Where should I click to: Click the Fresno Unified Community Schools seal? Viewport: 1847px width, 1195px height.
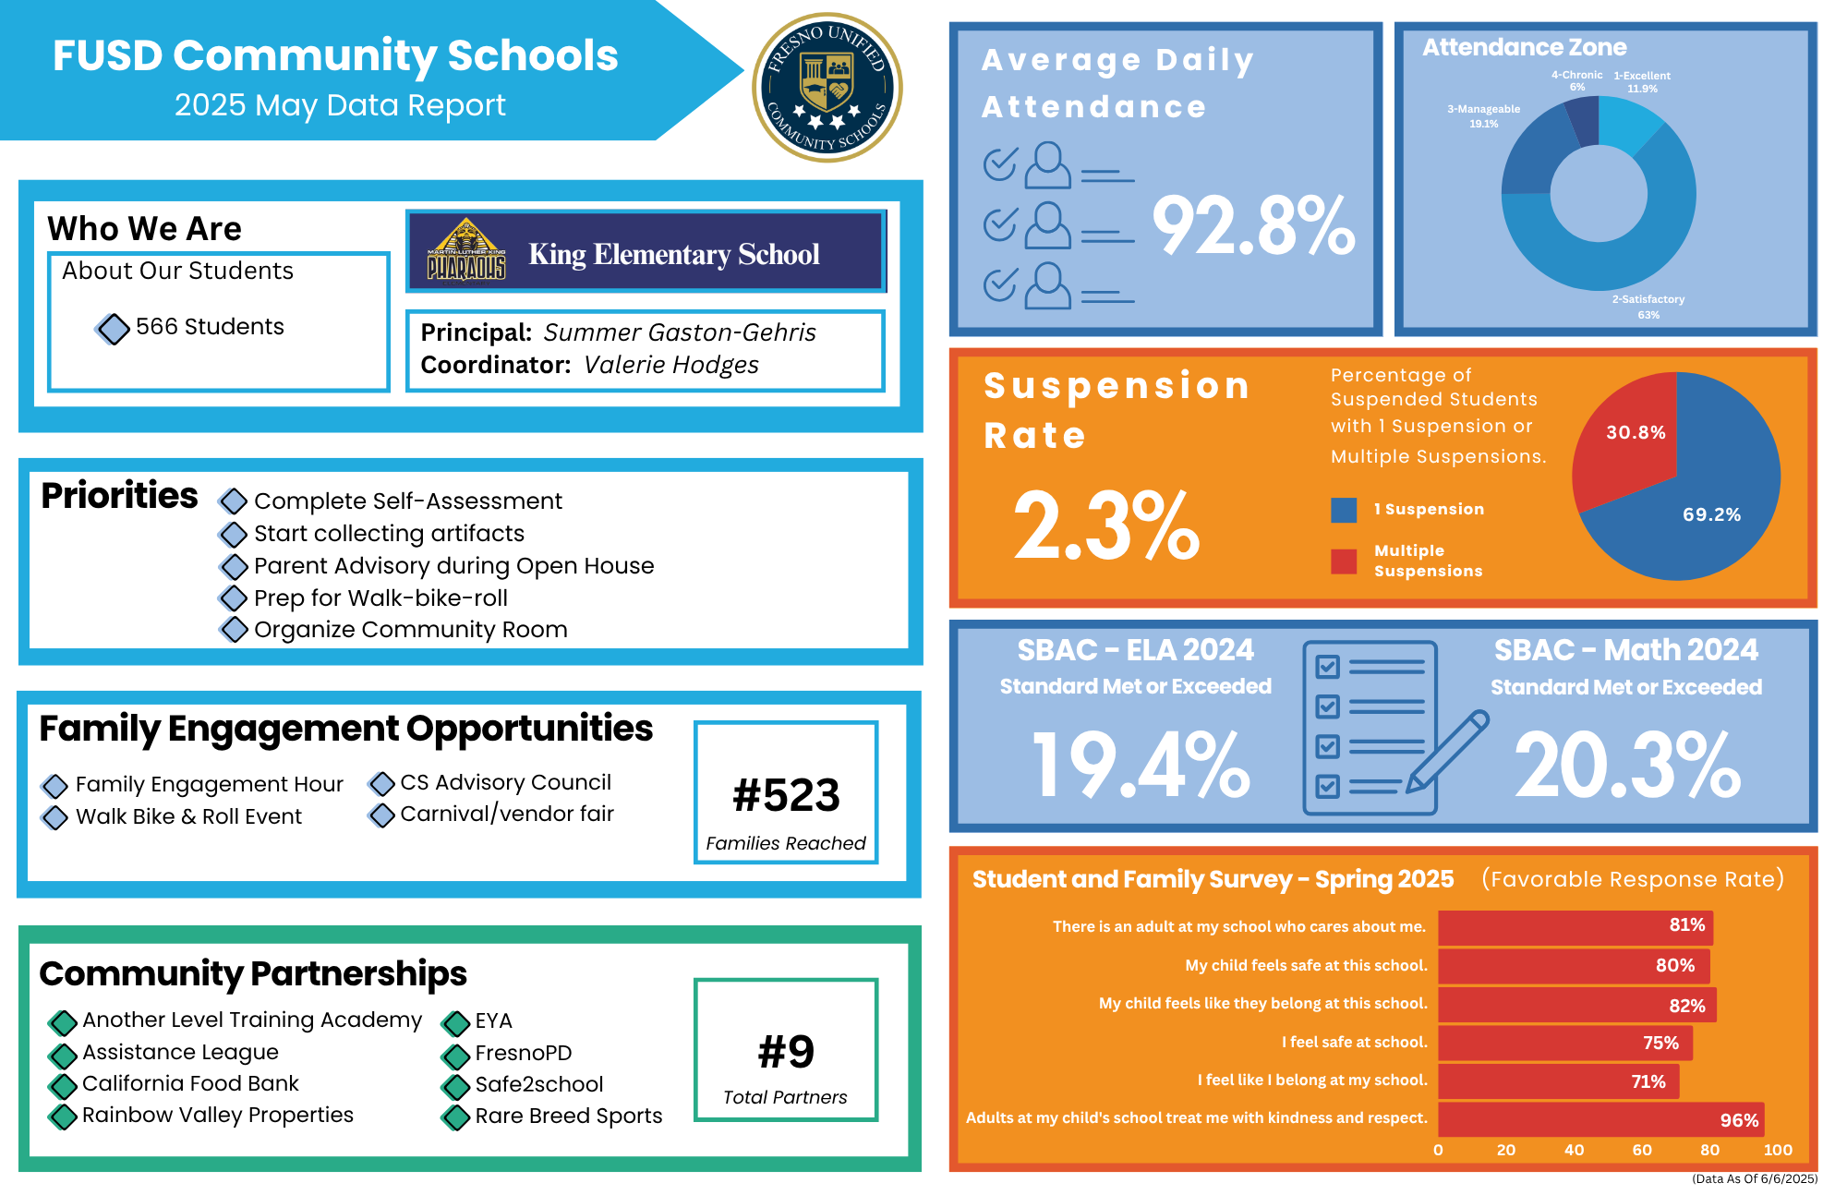(827, 88)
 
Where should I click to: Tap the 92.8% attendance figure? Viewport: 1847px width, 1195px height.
(1253, 226)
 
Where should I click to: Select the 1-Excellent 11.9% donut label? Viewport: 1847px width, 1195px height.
(1642, 82)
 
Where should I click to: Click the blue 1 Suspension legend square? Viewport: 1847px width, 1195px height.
(1344, 510)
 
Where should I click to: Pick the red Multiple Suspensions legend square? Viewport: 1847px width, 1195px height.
(1344, 561)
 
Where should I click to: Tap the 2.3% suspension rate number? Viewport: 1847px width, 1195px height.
(1106, 526)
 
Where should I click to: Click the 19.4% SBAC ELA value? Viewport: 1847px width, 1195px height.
(1141, 765)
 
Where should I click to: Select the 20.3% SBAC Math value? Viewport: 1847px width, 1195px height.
(1627, 765)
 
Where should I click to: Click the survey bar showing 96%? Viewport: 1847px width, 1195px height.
(1600, 1119)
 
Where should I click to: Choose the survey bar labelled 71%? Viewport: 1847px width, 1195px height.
(1558, 1081)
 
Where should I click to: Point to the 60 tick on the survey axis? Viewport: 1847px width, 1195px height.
(1642, 1150)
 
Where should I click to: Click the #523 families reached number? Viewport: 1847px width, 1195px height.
(786, 795)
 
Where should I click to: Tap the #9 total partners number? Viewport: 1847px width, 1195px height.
(786, 1052)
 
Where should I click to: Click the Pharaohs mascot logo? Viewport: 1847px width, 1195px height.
(466, 250)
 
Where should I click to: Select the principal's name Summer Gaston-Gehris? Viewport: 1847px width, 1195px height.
(680, 332)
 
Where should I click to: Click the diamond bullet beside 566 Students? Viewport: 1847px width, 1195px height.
(113, 328)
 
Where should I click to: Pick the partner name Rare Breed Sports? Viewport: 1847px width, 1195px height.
(569, 1116)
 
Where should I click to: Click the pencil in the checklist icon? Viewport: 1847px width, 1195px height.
(1447, 752)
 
